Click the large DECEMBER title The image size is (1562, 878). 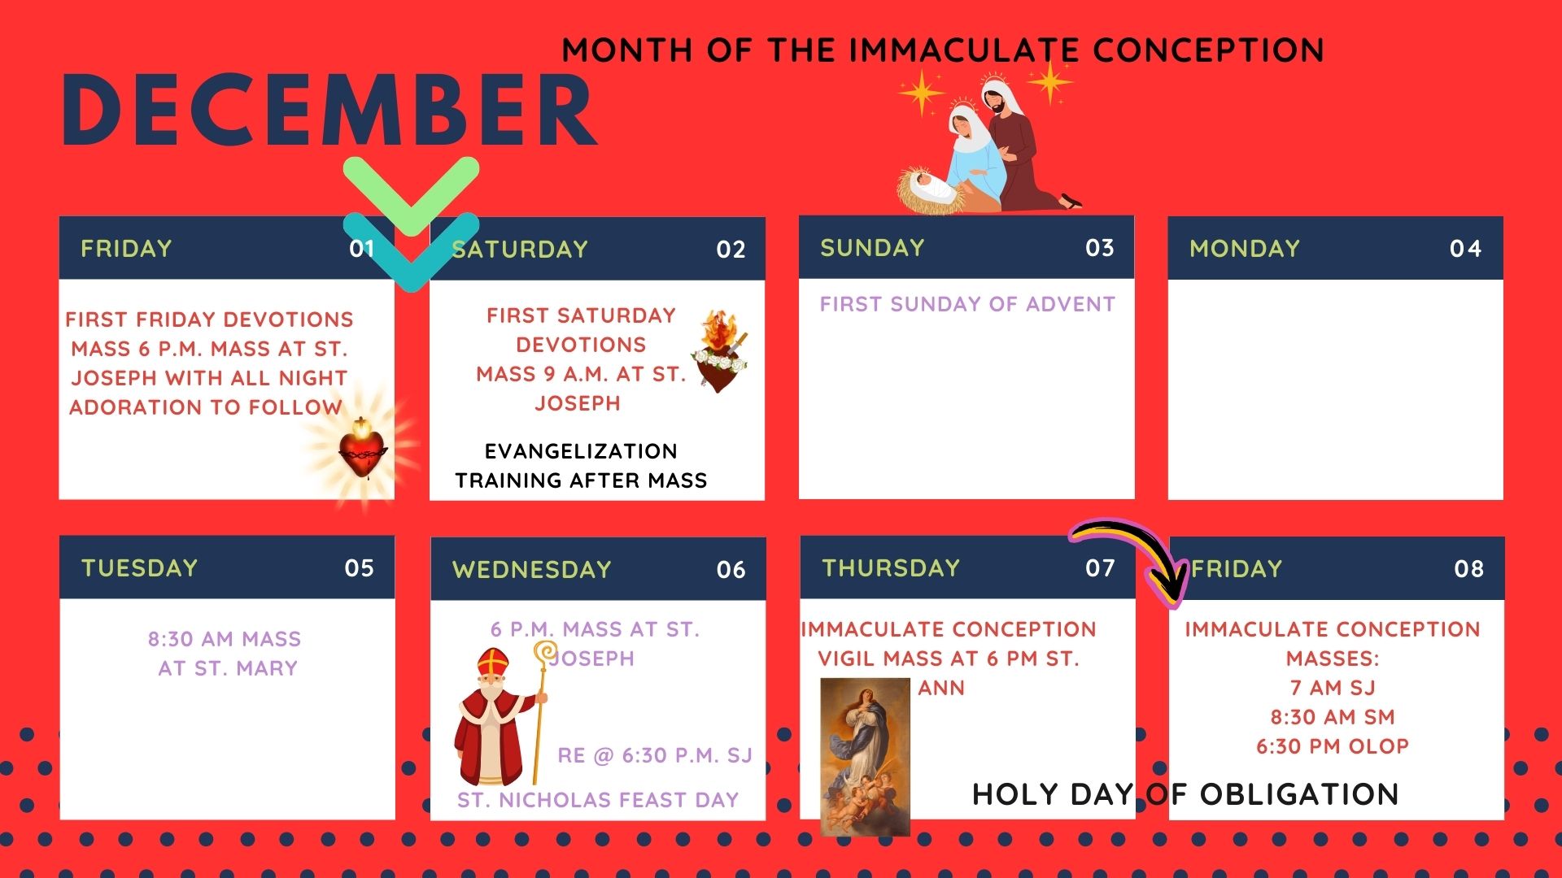click(x=329, y=111)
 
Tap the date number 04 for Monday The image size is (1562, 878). click(x=1465, y=249)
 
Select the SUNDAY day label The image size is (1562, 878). click(x=872, y=248)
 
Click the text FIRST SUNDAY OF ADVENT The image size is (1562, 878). click(x=967, y=304)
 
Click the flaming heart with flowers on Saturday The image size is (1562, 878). click(x=719, y=351)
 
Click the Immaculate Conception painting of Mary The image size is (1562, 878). click(x=865, y=756)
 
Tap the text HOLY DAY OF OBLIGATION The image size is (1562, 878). click(x=1185, y=794)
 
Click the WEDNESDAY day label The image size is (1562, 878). click(x=532, y=570)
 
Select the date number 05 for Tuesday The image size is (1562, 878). click(x=359, y=568)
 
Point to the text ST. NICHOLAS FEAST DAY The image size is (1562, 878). click(x=598, y=800)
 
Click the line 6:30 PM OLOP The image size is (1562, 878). click(x=1333, y=746)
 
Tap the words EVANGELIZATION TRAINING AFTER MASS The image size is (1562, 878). click(x=581, y=466)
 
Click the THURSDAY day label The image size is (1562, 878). click(x=891, y=567)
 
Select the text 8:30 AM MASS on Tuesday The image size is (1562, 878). click(x=225, y=639)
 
